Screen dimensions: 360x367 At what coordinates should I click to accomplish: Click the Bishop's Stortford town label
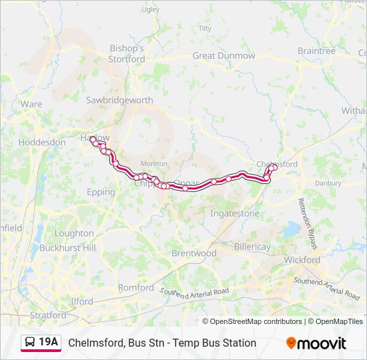click(x=127, y=54)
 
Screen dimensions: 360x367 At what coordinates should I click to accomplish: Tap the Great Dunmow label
click(x=224, y=56)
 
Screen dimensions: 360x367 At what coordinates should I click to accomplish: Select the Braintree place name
click(x=316, y=51)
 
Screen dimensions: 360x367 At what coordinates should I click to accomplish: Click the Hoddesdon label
click(x=42, y=142)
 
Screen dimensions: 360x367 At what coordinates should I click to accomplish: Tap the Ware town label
click(x=31, y=104)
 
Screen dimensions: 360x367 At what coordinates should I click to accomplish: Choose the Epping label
click(x=101, y=192)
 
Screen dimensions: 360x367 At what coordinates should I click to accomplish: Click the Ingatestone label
click(x=235, y=213)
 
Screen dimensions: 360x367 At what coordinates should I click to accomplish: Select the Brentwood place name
click(x=194, y=253)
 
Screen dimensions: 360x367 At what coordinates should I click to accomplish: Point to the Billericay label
click(x=252, y=247)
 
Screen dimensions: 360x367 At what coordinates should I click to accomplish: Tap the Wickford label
click(x=302, y=260)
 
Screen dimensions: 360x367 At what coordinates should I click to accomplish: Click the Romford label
click(x=135, y=287)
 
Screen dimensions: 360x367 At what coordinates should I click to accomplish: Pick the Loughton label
click(x=74, y=233)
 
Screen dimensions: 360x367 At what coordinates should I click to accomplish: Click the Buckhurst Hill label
click(x=67, y=247)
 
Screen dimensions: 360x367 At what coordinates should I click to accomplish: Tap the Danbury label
click(x=328, y=182)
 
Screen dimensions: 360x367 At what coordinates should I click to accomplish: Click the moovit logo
click(x=316, y=343)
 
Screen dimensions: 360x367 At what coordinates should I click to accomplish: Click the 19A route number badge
click(x=41, y=343)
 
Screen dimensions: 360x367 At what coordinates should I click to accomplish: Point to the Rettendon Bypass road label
click(x=310, y=219)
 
